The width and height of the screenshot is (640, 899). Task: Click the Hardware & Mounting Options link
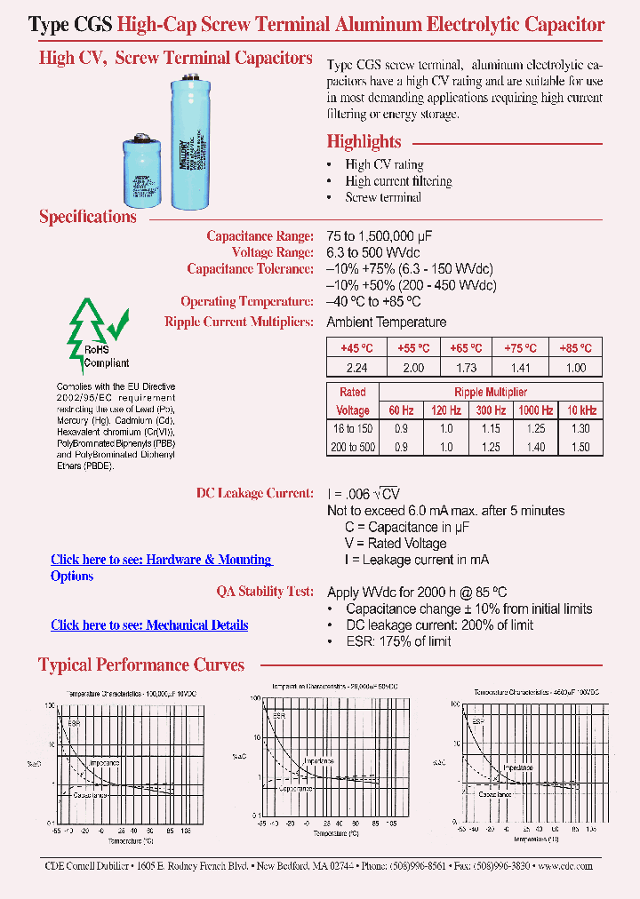pos(161,560)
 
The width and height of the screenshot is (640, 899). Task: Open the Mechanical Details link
pos(149,625)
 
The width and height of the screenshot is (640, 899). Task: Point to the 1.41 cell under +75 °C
pos(521,368)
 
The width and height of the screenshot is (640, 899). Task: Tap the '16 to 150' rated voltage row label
pos(353,429)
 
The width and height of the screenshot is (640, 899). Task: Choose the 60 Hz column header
pos(401,410)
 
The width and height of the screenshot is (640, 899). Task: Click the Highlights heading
pos(364,141)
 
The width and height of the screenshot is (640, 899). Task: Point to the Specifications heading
pos(88,217)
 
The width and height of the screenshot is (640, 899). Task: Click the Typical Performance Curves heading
pos(141,664)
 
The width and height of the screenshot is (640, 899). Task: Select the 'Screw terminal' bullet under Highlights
pos(383,197)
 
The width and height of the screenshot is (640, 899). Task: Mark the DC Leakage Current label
pos(254,493)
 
